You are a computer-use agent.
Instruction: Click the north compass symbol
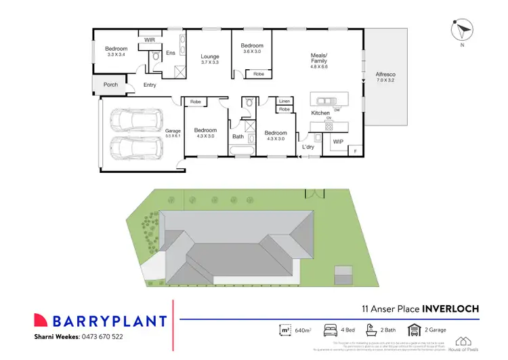point(463,31)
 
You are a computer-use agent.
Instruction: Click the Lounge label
point(210,59)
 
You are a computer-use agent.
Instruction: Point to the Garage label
point(173,133)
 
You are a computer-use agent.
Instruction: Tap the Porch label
point(110,85)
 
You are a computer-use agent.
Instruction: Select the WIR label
point(150,41)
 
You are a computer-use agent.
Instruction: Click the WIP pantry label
point(337,142)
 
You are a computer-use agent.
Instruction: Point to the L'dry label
point(308,146)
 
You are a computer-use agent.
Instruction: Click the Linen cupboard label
point(285,101)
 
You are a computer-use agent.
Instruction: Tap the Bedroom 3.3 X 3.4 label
point(115,51)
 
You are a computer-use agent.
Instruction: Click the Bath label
point(238,136)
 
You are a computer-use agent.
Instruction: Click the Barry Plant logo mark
point(43,320)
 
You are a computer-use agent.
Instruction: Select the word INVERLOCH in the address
point(450,308)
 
